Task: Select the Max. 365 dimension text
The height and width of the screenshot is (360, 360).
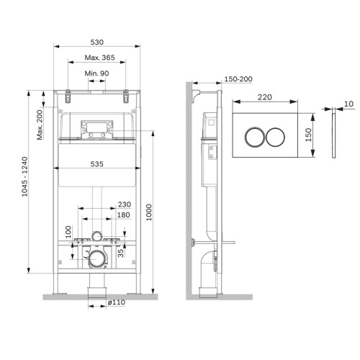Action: tap(96, 58)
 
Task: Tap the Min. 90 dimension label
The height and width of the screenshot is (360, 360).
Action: tap(96, 74)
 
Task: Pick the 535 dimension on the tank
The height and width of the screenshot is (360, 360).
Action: tap(96, 164)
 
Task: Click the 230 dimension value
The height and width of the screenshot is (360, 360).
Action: tap(123, 204)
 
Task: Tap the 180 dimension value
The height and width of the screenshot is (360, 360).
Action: tap(123, 215)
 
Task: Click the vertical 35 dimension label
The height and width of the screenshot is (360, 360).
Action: tap(122, 251)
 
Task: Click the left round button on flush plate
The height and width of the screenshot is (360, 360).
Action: tap(256, 137)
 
